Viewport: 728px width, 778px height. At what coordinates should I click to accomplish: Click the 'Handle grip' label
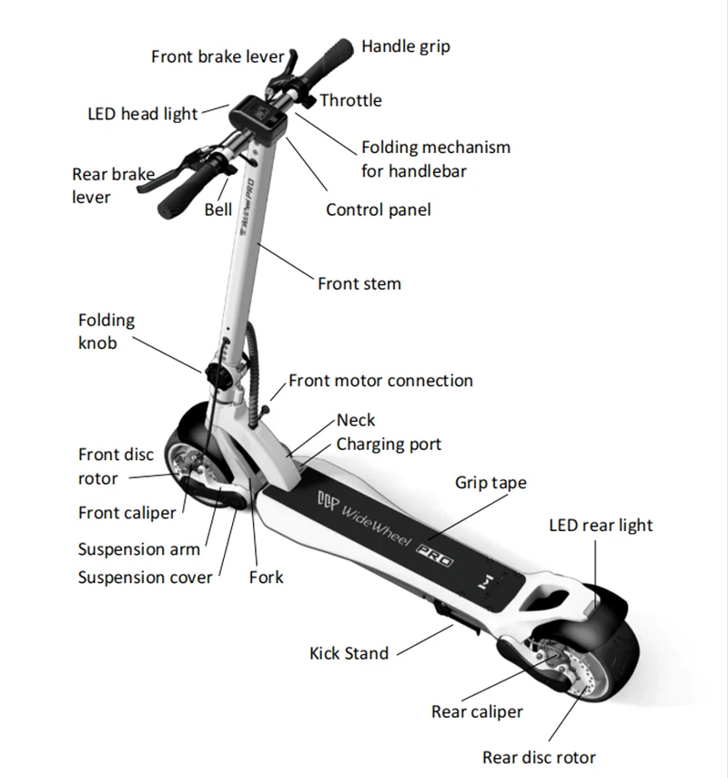pyautogui.click(x=405, y=46)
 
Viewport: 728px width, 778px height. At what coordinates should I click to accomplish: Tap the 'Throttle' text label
pyautogui.click(x=350, y=100)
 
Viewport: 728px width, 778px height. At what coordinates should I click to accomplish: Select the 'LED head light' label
pyautogui.click(x=142, y=114)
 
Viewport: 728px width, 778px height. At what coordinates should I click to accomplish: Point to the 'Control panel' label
pyautogui.click(x=379, y=210)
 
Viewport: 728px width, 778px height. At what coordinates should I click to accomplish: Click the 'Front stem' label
pyautogui.click(x=359, y=283)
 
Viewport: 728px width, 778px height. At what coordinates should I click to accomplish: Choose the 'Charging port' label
pyautogui.click(x=389, y=444)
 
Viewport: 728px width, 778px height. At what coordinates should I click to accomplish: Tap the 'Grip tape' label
pyautogui.click(x=490, y=483)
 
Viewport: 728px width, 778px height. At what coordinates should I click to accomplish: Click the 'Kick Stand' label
pyautogui.click(x=349, y=652)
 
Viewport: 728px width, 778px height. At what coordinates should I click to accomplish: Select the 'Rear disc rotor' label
pyautogui.click(x=539, y=757)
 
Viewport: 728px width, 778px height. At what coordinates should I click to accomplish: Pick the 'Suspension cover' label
pyautogui.click(x=145, y=577)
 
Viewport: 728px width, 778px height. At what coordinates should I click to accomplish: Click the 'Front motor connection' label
pyautogui.click(x=380, y=380)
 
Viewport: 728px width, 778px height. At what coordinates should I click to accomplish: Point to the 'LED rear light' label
pyautogui.click(x=601, y=526)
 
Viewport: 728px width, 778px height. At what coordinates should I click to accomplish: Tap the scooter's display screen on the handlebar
pyautogui.click(x=259, y=118)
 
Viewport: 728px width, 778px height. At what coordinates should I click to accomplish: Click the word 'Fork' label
pyautogui.click(x=266, y=577)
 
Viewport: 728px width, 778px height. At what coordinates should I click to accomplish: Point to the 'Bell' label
pyautogui.click(x=218, y=210)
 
